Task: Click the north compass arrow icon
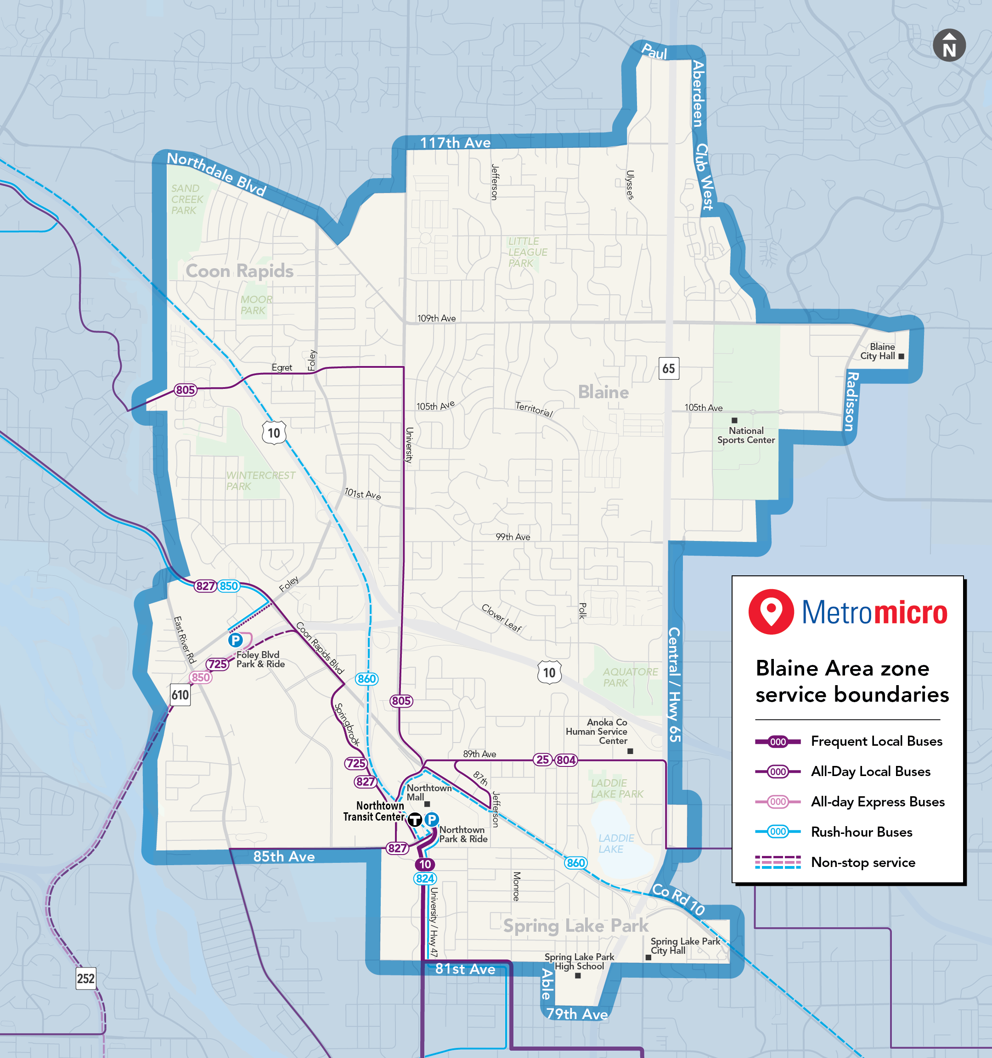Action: pos(949,45)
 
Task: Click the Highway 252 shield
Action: pos(86,978)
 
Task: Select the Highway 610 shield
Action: pos(180,694)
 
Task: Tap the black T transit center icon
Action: pos(415,820)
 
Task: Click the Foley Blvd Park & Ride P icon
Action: pos(235,640)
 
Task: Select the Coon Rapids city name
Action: pos(239,271)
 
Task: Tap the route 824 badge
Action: pos(425,878)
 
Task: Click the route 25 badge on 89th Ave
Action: pos(542,760)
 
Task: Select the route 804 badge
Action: pos(566,760)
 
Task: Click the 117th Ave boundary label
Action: pos(455,143)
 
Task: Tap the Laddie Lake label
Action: pos(616,844)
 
